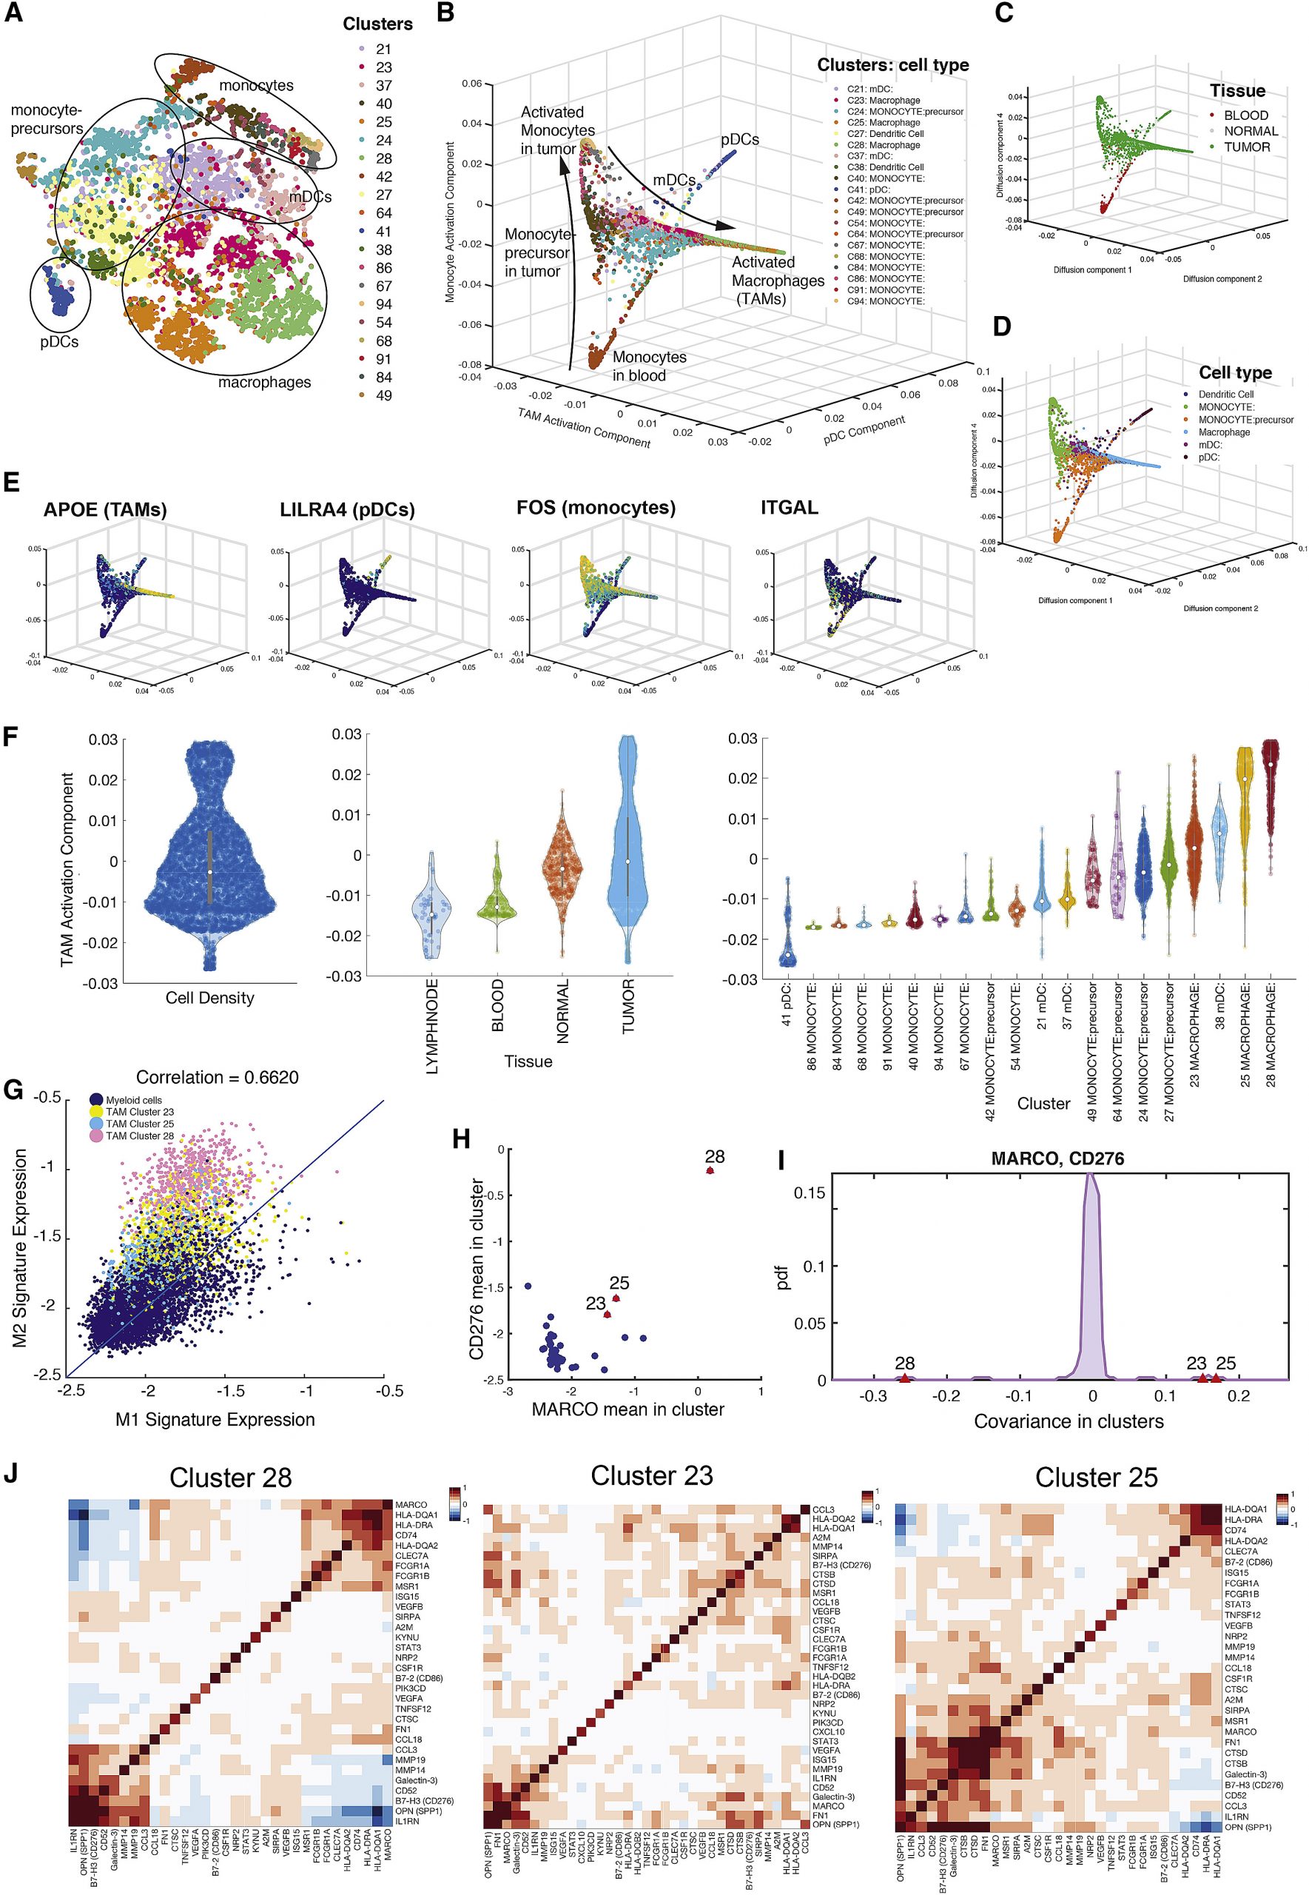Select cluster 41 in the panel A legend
[383, 232]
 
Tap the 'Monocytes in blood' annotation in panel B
[649, 366]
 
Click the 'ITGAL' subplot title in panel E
[790, 508]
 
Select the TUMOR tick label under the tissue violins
[628, 1007]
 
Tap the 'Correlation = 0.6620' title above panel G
[218, 1077]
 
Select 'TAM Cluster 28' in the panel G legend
[139, 1136]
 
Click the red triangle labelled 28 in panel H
[710, 1170]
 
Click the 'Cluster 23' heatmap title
[651, 1476]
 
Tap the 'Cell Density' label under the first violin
[210, 998]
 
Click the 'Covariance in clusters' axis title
[1069, 1421]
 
